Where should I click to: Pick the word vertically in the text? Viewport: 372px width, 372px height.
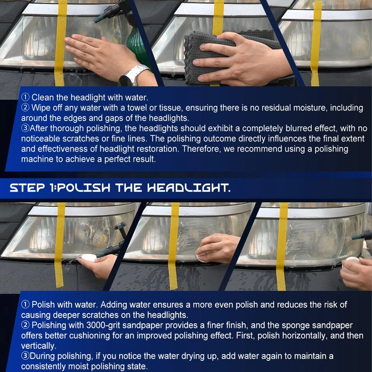(39, 346)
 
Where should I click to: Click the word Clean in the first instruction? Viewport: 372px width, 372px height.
(43, 97)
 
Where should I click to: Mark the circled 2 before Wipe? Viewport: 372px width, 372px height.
(25, 108)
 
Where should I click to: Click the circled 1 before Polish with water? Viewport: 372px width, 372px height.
(25, 305)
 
